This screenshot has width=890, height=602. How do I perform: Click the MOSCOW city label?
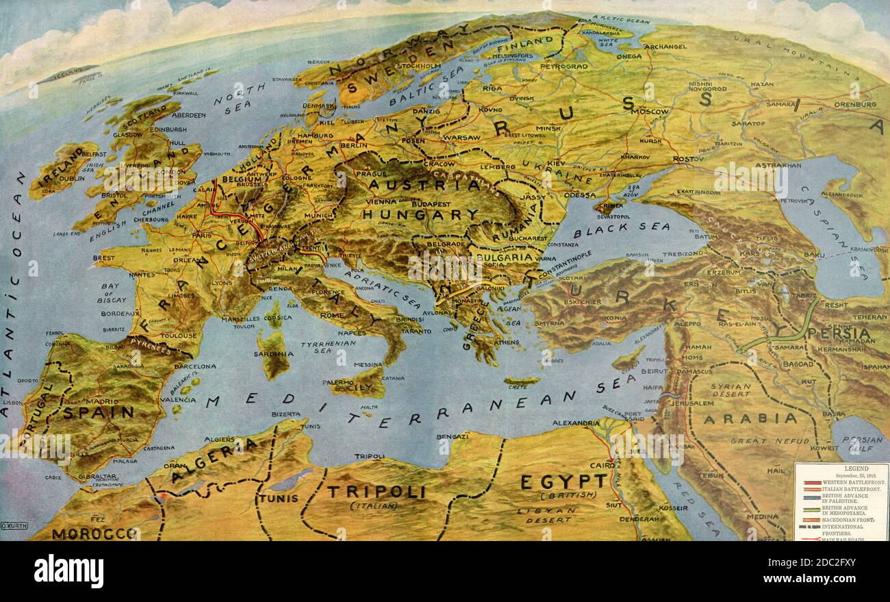[x=650, y=111]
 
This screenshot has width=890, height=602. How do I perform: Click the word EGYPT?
[x=563, y=481]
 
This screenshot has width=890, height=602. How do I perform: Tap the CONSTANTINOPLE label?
[x=565, y=271]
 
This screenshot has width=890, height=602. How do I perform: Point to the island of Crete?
[x=522, y=381]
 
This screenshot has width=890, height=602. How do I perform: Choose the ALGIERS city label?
[x=220, y=439]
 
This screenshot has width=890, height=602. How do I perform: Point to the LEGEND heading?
[x=841, y=469]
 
